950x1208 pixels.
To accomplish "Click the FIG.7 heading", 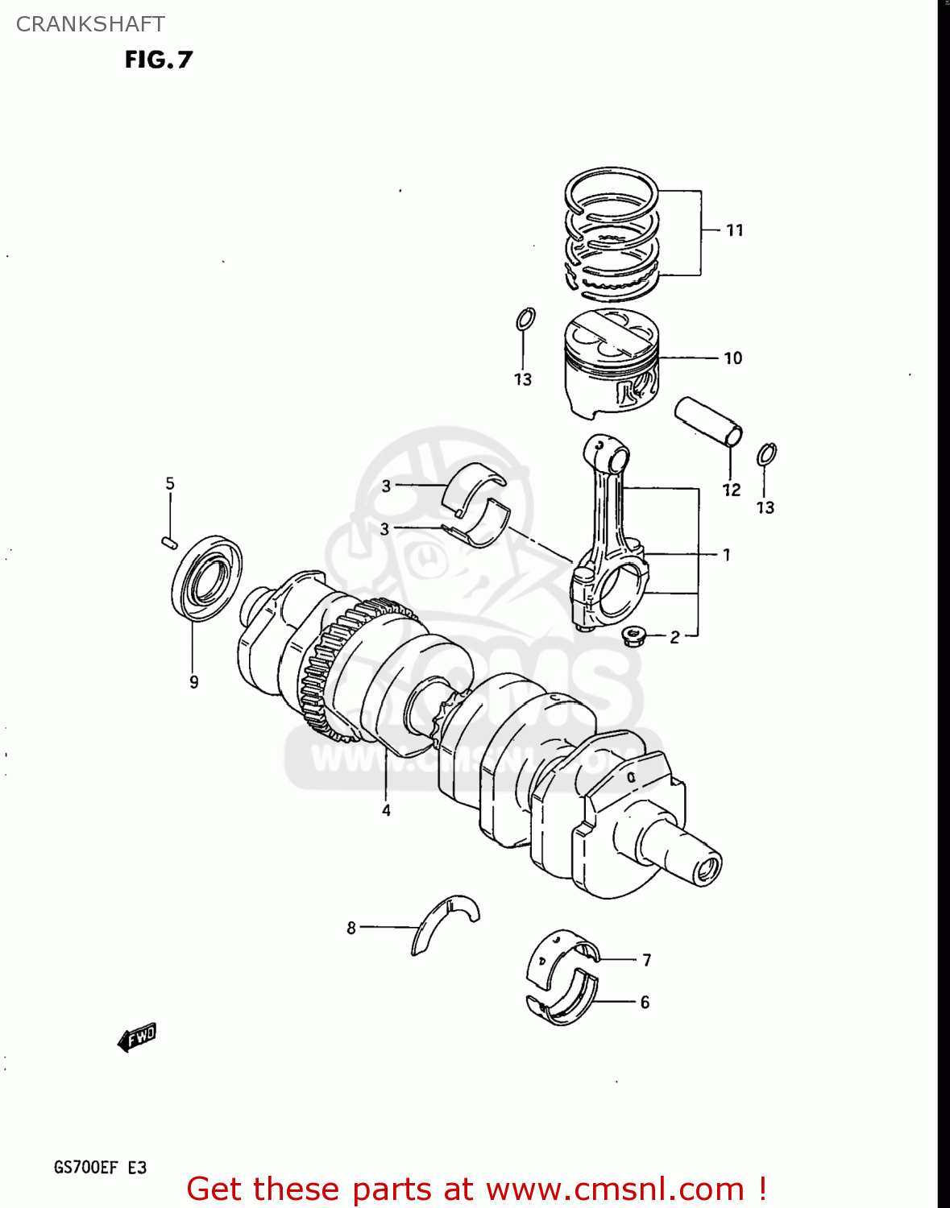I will coord(159,60).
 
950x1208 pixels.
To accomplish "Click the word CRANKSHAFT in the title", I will coord(90,24).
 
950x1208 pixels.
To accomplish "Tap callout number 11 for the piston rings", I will coord(734,230).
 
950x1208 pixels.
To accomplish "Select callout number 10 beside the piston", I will coord(732,358).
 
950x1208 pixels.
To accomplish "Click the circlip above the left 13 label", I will coord(525,319).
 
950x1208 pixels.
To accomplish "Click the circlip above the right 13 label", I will coord(766,455).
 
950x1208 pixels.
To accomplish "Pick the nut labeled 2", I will coord(633,637).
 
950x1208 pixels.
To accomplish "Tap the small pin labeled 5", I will coord(168,541).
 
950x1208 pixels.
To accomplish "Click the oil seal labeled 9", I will coord(206,577).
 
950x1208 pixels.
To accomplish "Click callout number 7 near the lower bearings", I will coord(646,960).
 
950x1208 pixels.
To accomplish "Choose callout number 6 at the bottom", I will coord(645,1003).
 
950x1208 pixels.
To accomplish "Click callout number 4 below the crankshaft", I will coord(386,811).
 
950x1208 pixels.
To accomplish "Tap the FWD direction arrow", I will coord(137,1037).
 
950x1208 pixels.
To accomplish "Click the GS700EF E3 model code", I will coord(100,1167).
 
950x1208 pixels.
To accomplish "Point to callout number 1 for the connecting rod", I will coord(726,555).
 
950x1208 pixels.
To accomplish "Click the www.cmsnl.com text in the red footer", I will coord(615,1189).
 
